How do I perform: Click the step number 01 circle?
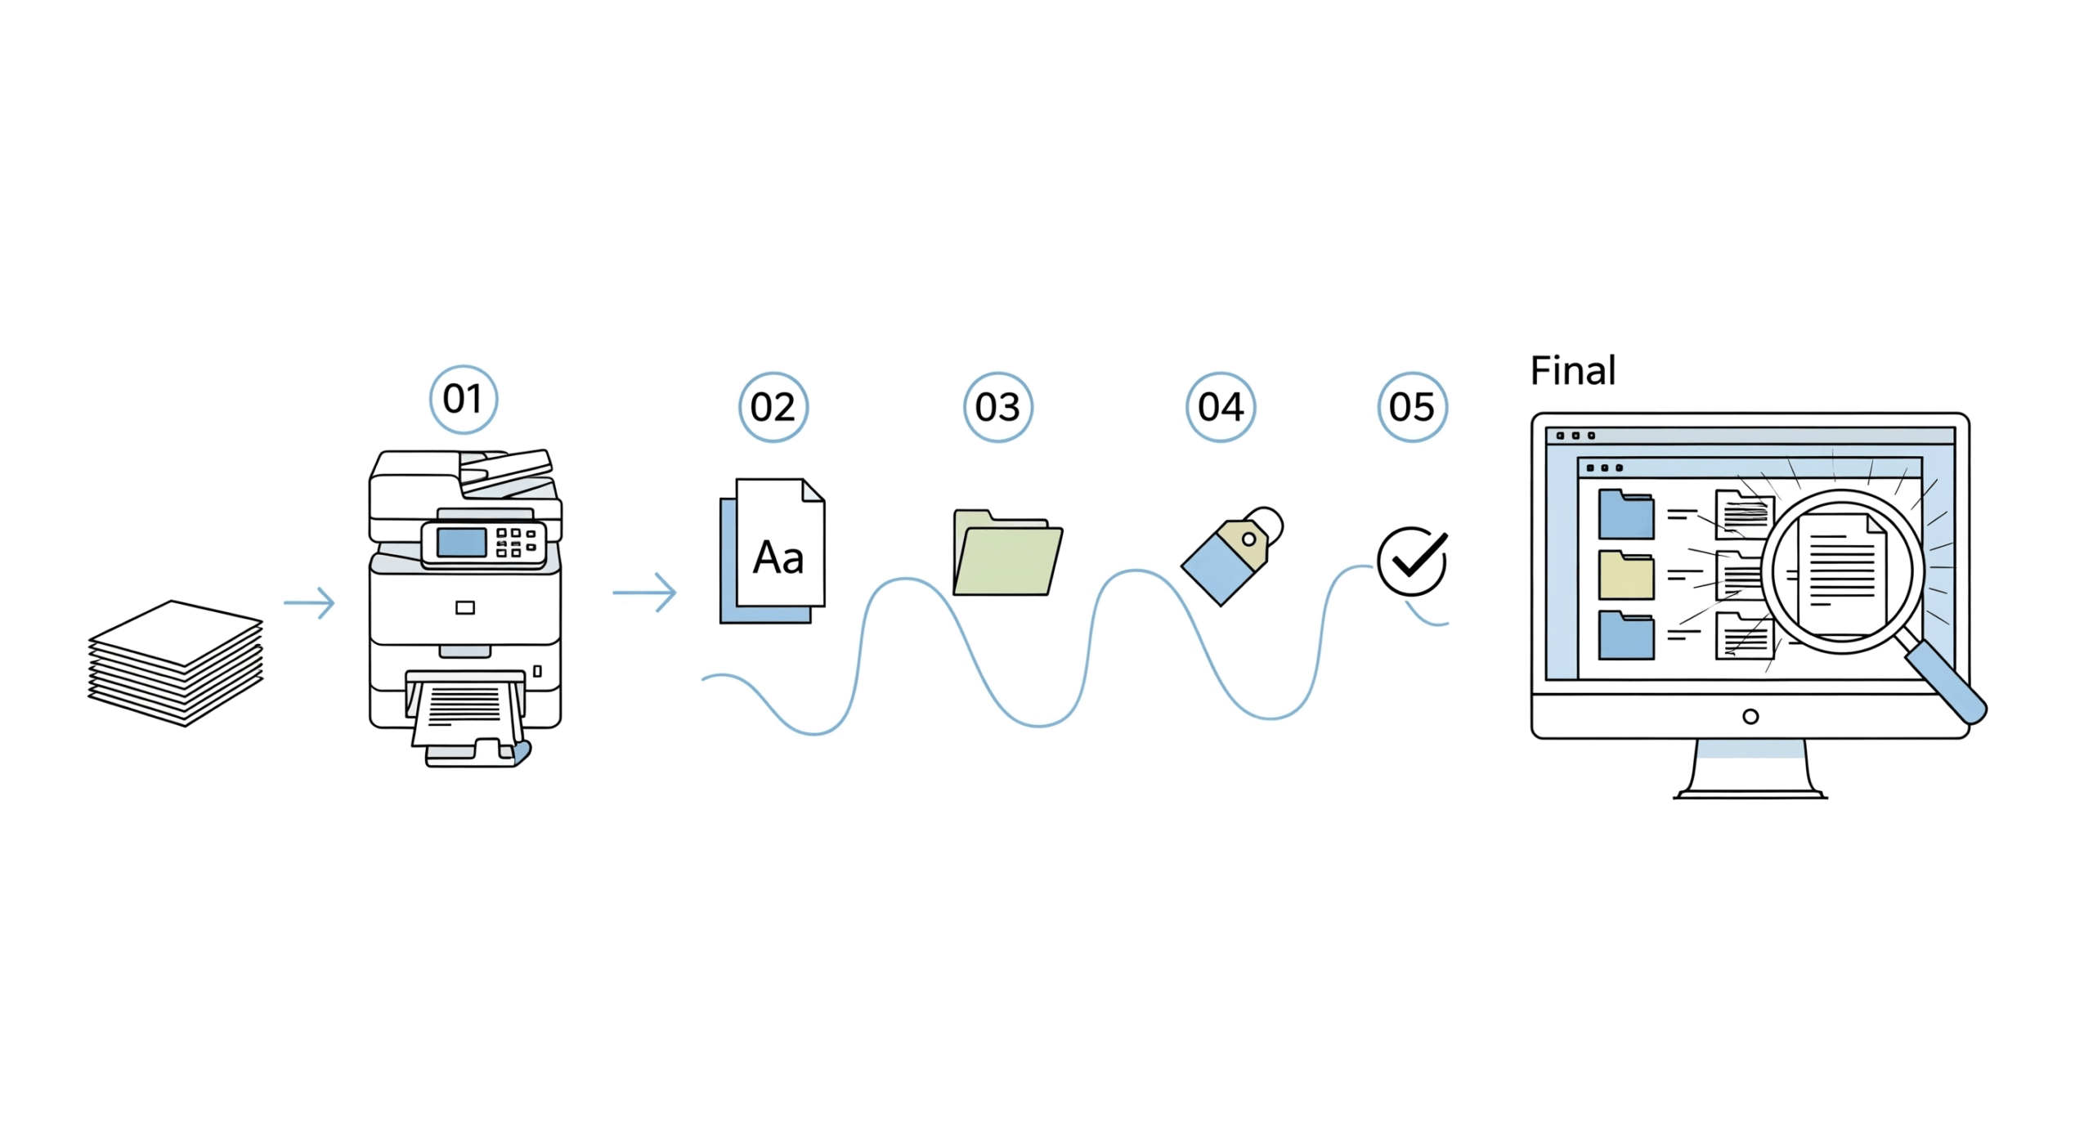click(464, 400)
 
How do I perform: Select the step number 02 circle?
click(773, 407)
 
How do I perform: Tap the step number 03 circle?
click(997, 407)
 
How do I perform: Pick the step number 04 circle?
click(1221, 407)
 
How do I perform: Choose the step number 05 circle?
click(1412, 407)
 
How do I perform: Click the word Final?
click(1572, 371)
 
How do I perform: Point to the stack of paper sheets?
click(177, 662)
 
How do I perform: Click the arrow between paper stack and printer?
click(310, 603)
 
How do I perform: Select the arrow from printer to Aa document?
click(644, 592)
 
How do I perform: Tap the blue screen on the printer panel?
click(461, 542)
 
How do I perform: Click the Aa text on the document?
click(778, 558)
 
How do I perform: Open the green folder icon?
click(1007, 556)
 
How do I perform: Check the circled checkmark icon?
click(1411, 561)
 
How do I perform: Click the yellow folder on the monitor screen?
click(1626, 575)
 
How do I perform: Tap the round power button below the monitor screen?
click(1750, 717)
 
